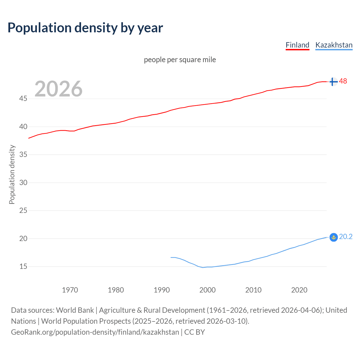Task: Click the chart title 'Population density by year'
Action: [x=85, y=28]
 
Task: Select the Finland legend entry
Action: [x=297, y=45]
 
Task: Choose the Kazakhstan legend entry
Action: [x=334, y=45]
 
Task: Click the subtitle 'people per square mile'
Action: [x=180, y=60]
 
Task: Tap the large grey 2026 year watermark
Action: [x=58, y=89]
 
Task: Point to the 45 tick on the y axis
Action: [x=23, y=99]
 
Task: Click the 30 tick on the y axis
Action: [x=23, y=183]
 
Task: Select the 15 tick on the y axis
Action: [x=23, y=266]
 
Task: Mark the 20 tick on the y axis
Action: [x=23, y=238]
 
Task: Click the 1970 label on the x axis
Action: [x=70, y=290]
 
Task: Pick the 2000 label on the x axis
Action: [x=207, y=290]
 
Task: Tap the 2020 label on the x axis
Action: [x=299, y=290]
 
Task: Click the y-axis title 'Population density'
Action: [x=12, y=174]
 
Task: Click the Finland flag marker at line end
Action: [x=333, y=82]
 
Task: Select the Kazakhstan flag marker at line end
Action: [x=333, y=237]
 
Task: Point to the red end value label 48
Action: [x=343, y=81]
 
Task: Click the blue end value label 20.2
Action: [x=346, y=237]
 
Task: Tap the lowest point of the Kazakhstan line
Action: [x=202, y=267]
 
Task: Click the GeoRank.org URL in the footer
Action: [x=95, y=332]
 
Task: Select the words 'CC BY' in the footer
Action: [x=195, y=332]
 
